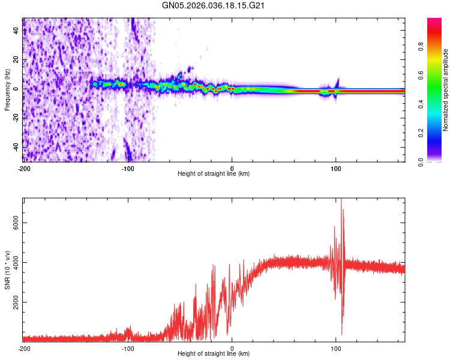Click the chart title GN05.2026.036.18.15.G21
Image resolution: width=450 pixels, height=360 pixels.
pos(214,5)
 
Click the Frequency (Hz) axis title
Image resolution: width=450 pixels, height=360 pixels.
pos(7,89)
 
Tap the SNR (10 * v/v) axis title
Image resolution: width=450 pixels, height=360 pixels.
pos(7,271)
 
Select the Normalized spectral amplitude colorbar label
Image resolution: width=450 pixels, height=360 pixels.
pos(445,90)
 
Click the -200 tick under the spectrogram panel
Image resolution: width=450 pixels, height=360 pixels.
pos(23,167)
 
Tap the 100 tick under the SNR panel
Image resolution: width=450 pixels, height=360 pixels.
pos(336,348)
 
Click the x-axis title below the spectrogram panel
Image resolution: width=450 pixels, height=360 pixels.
pos(214,174)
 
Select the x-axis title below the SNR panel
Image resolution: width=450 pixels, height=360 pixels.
pos(214,355)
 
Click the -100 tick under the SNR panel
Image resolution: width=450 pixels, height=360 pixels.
pos(128,348)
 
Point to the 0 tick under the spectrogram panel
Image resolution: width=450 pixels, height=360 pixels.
pos(232,167)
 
